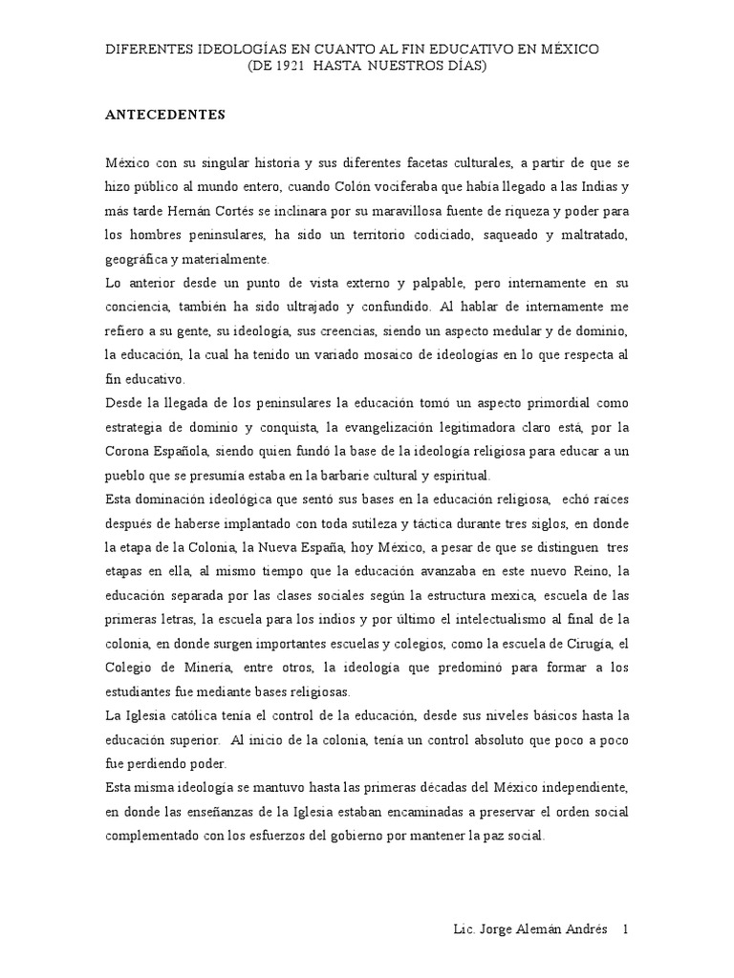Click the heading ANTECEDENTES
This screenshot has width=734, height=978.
coord(165,115)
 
